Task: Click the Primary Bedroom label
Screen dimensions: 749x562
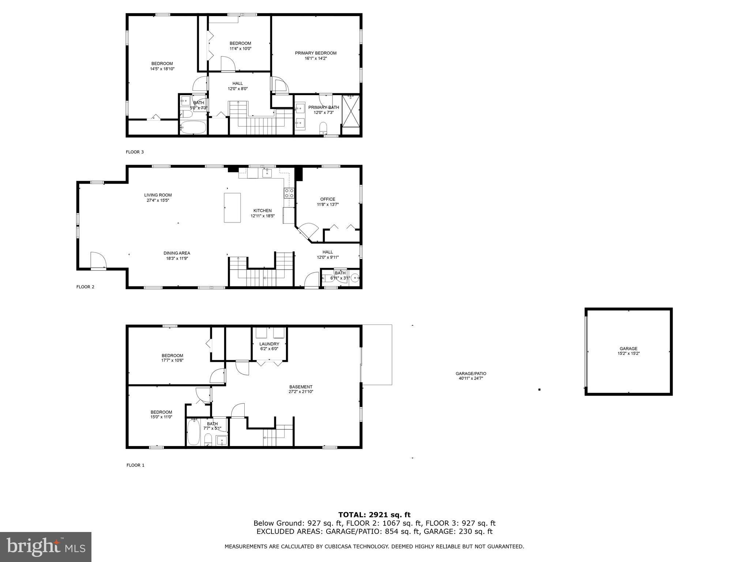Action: click(316, 53)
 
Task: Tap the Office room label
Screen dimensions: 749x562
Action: click(328, 199)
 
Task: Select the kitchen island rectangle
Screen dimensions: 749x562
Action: click(232, 207)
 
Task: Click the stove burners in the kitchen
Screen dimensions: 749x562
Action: click(289, 193)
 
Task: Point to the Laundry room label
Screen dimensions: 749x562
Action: click(269, 344)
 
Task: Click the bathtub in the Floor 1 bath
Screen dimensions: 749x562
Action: click(193, 432)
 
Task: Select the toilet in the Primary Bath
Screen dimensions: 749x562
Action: click(323, 128)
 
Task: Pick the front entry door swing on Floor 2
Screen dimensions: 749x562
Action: click(98, 260)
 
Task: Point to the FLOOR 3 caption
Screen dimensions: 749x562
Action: click(135, 152)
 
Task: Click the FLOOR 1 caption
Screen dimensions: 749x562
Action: click(135, 465)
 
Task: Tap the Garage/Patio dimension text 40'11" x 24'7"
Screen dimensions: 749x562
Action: click(471, 378)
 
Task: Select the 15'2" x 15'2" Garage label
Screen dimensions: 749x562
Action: click(629, 353)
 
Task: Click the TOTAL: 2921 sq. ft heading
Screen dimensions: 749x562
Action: click(374, 515)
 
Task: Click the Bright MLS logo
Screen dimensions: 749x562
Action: click(46, 547)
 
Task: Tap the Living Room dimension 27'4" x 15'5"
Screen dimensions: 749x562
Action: click(158, 200)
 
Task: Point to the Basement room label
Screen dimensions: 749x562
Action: click(301, 387)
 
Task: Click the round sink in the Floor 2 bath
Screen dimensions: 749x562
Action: click(355, 278)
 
